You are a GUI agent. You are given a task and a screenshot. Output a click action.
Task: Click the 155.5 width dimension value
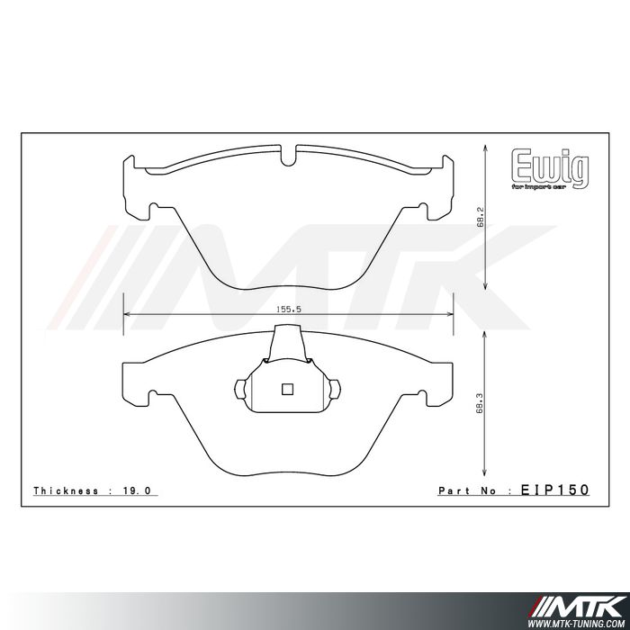[289, 308]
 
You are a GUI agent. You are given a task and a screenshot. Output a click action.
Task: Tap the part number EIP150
[555, 490]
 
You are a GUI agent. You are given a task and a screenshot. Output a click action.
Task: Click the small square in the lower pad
[288, 390]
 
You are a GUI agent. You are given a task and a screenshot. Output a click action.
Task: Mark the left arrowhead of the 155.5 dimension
[127, 315]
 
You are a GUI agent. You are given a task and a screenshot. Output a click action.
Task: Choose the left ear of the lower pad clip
[239, 389]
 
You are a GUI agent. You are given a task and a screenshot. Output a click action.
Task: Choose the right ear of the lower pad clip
[337, 389]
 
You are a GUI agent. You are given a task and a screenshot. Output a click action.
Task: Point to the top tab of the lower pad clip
[288, 339]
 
